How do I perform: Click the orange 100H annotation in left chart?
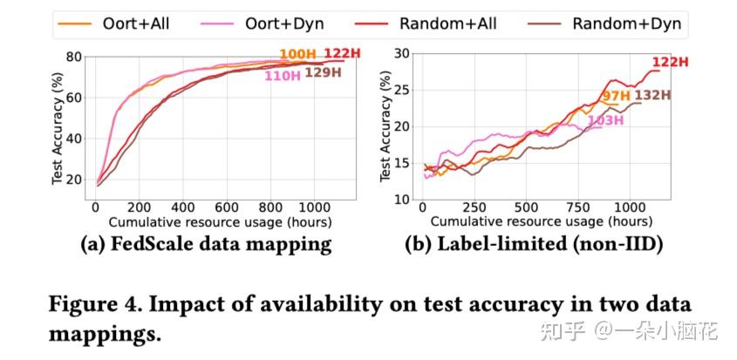point(298,56)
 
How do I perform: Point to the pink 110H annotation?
point(283,75)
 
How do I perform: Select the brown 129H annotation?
point(323,73)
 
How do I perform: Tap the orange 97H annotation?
point(616,95)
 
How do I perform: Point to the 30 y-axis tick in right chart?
point(402,53)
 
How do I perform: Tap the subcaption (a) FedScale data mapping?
point(206,244)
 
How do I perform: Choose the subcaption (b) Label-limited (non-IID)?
point(534,244)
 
